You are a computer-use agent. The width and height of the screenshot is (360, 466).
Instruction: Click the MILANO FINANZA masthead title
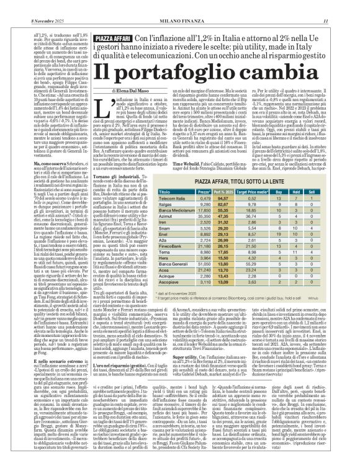(x=180, y=6)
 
